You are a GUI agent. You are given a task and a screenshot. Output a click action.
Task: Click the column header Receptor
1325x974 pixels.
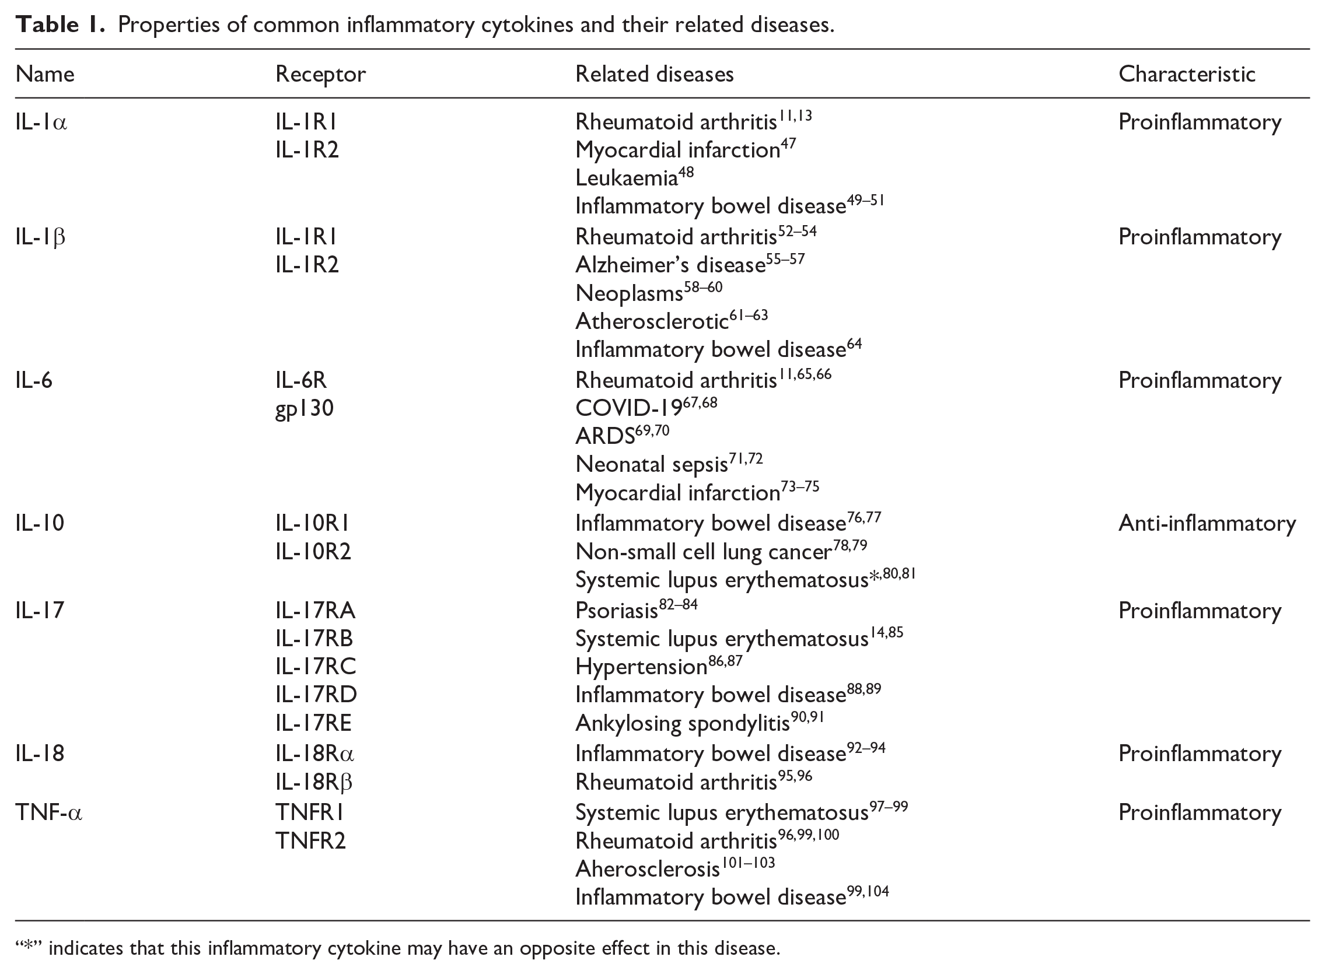(320, 74)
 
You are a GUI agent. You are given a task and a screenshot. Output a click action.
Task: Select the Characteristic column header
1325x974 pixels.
(1186, 74)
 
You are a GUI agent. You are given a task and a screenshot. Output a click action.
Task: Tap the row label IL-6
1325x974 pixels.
(34, 380)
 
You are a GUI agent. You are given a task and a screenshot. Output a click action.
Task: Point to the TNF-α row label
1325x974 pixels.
(49, 812)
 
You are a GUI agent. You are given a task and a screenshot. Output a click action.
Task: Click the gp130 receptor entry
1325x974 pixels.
(305, 408)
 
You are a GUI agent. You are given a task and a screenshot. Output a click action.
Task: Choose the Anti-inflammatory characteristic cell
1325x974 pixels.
(1207, 524)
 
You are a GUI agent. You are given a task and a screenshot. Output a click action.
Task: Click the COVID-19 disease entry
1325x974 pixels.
(628, 408)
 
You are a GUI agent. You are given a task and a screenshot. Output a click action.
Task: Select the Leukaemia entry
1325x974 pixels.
(626, 177)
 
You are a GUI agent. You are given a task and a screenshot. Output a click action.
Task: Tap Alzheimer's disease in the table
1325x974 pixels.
(670, 265)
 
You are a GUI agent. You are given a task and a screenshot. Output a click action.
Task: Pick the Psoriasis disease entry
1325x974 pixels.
(616, 611)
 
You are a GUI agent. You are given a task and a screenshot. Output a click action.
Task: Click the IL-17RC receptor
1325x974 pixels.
(316, 667)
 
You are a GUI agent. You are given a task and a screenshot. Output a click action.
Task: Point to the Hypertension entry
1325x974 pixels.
(641, 667)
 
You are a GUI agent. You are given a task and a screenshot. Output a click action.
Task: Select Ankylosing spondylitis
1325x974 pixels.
(682, 723)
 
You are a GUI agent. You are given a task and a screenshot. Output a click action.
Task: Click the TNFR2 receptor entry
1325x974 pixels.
(310, 841)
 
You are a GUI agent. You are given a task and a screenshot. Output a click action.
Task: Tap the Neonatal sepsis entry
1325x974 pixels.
(652, 465)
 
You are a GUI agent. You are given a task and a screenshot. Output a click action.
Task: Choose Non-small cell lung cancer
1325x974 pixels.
(704, 552)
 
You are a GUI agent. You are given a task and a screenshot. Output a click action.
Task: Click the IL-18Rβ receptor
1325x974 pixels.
(314, 782)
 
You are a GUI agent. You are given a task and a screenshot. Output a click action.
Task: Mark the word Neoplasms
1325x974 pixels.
(628, 293)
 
